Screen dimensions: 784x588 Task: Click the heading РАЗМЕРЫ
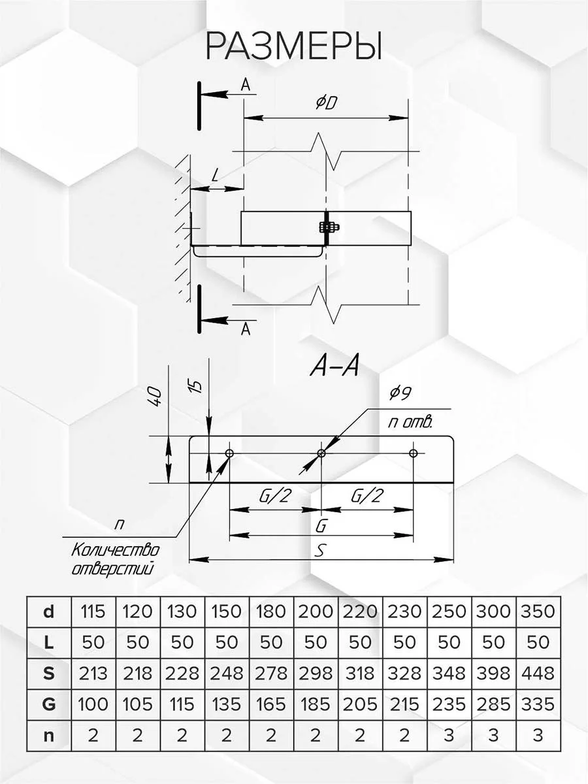pyautogui.click(x=293, y=46)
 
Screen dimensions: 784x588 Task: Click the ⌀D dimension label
pyautogui.click(x=325, y=103)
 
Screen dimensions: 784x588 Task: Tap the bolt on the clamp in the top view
pyautogui.click(x=327, y=227)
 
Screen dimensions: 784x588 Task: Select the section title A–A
pyautogui.click(x=333, y=368)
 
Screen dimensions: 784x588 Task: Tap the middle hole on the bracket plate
pyautogui.click(x=321, y=453)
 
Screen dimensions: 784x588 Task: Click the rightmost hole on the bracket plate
pyautogui.click(x=413, y=453)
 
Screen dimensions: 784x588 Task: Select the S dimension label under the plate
pyautogui.click(x=319, y=550)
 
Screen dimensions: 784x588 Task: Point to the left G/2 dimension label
pyautogui.click(x=274, y=497)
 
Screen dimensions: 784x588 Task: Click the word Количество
pyautogui.click(x=115, y=549)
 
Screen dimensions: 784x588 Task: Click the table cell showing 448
pyautogui.click(x=538, y=673)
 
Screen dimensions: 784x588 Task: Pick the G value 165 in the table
pyautogui.click(x=270, y=704)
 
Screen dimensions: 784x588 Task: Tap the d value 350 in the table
pyautogui.click(x=538, y=612)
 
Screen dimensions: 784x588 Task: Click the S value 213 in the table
pyautogui.click(x=93, y=673)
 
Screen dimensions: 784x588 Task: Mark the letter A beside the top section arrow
pyautogui.click(x=245, y=84)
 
